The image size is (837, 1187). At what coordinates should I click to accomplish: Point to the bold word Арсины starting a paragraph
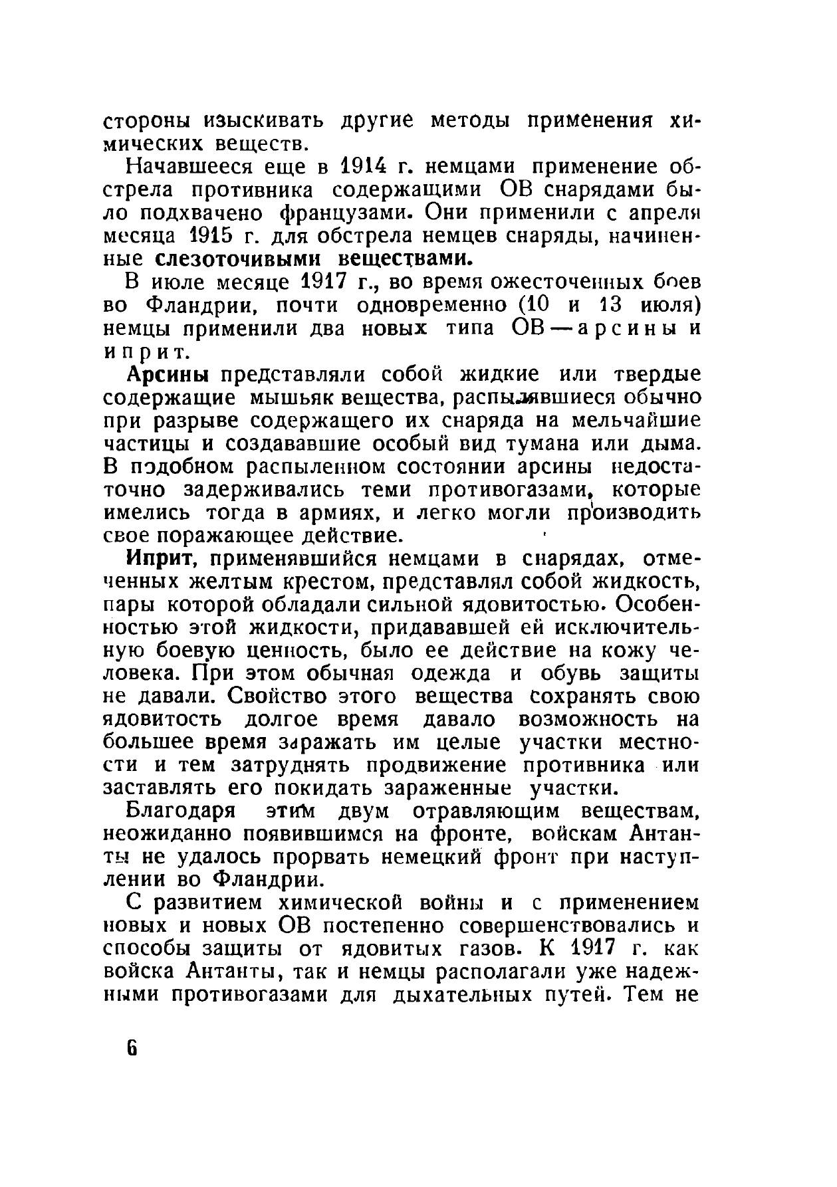[x=168, y=374]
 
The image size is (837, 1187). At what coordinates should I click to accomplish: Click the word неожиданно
[x=168, y=834]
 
